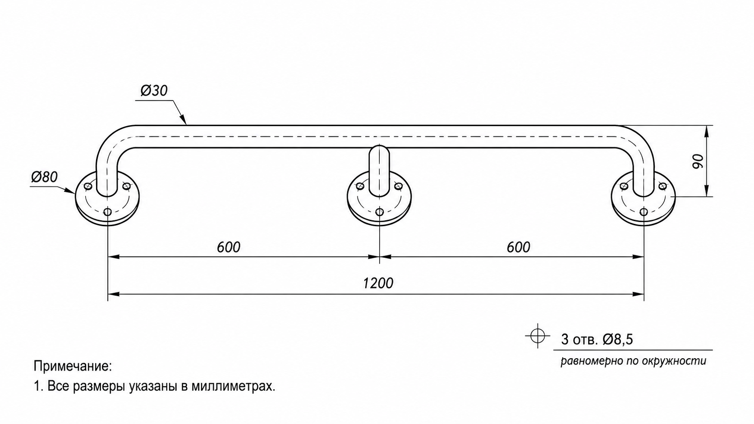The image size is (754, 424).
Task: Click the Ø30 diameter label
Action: (154, 91)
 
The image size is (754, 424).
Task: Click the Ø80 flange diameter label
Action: (45, 177)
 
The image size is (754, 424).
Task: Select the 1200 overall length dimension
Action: (378, 283)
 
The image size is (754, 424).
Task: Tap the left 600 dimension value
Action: (229, 247)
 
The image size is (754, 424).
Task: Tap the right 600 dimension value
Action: (519, 247)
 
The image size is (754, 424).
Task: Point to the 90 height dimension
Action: (698, 161)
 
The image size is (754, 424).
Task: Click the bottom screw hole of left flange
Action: (108, 212)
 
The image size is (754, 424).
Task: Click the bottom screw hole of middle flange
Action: (379, 212)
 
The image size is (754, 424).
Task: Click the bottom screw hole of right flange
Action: (644, 212)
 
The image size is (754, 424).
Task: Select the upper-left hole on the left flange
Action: (88, 186)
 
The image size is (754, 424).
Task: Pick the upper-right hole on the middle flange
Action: (399, 186)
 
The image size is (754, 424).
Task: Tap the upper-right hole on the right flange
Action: (662, 186)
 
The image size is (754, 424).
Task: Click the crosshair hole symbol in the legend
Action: (538, 336)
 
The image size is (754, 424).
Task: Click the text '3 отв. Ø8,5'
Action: (597, 340)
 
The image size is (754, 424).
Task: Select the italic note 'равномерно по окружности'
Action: (633, 361)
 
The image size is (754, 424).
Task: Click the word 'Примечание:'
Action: (73, 366)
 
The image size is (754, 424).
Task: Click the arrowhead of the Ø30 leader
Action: (183, 120)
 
